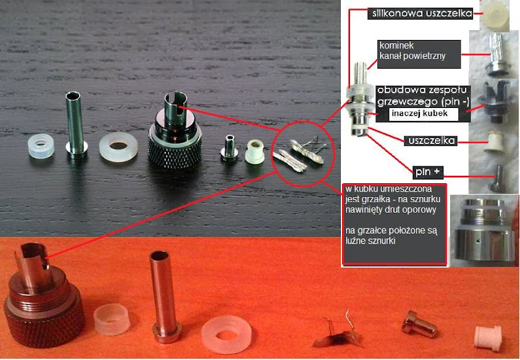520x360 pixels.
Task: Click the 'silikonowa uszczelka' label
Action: coord(420,14)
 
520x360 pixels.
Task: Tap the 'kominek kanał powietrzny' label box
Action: coord(419,54)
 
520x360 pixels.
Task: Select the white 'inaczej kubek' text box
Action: coord(423,114)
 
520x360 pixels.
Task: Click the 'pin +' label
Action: coord(428,172)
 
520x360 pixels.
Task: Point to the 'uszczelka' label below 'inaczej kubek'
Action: coord(432,141)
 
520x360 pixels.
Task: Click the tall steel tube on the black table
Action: coord(76,123)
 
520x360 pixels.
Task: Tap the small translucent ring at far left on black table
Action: coord(41,146)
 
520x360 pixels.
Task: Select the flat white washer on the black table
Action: coord(118,147)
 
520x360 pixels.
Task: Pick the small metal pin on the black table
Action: coord(229,148)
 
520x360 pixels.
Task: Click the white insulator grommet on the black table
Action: coord(255,152)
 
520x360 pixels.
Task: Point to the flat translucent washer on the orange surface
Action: coord(226,334)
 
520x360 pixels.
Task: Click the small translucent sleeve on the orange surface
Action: coord(112,319)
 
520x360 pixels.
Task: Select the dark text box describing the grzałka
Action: coord(394,225)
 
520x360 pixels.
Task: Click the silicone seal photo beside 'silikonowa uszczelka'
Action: coord(494,16)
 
